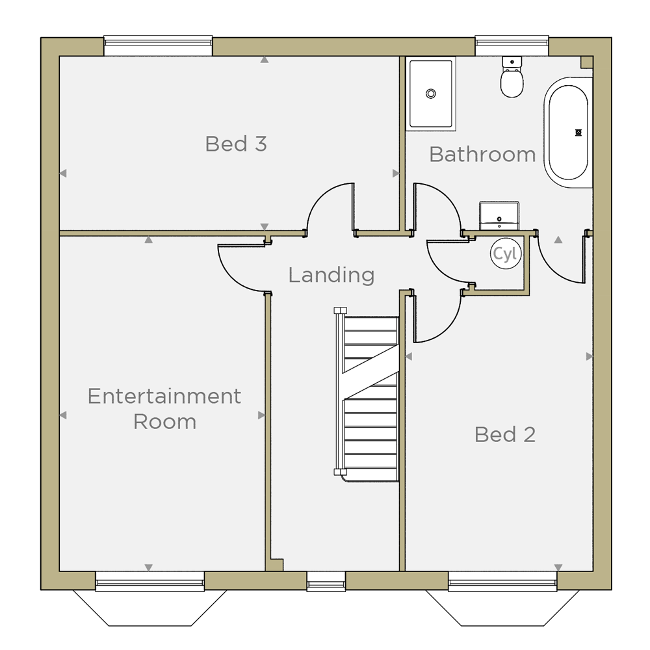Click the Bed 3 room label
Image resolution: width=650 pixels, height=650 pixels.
click(236, 144)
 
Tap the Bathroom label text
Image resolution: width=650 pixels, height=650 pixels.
click(482, 154)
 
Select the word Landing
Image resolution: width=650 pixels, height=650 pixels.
click(331, 275)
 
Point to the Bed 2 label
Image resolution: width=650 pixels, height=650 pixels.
click(505, 434)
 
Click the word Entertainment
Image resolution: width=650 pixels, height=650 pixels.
click(164, 396)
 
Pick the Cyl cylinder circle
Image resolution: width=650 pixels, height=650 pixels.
click(505, 253)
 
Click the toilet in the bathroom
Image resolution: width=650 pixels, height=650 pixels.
click(512, 77)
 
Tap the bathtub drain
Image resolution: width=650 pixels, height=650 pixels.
click(578, 133)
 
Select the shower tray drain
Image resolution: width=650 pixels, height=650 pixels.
click(431, 94)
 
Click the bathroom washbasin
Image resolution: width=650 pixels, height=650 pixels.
click(499, 216)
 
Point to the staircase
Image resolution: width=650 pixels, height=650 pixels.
click(367, 395)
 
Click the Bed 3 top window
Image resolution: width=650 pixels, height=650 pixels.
click(158, 45)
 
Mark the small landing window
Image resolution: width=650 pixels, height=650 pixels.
click(326, 581)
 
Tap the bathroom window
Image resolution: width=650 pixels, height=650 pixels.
click(512, 45)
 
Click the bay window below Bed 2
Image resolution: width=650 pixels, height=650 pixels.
click(502, 599)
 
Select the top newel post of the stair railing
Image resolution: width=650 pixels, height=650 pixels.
click(341, 311)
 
